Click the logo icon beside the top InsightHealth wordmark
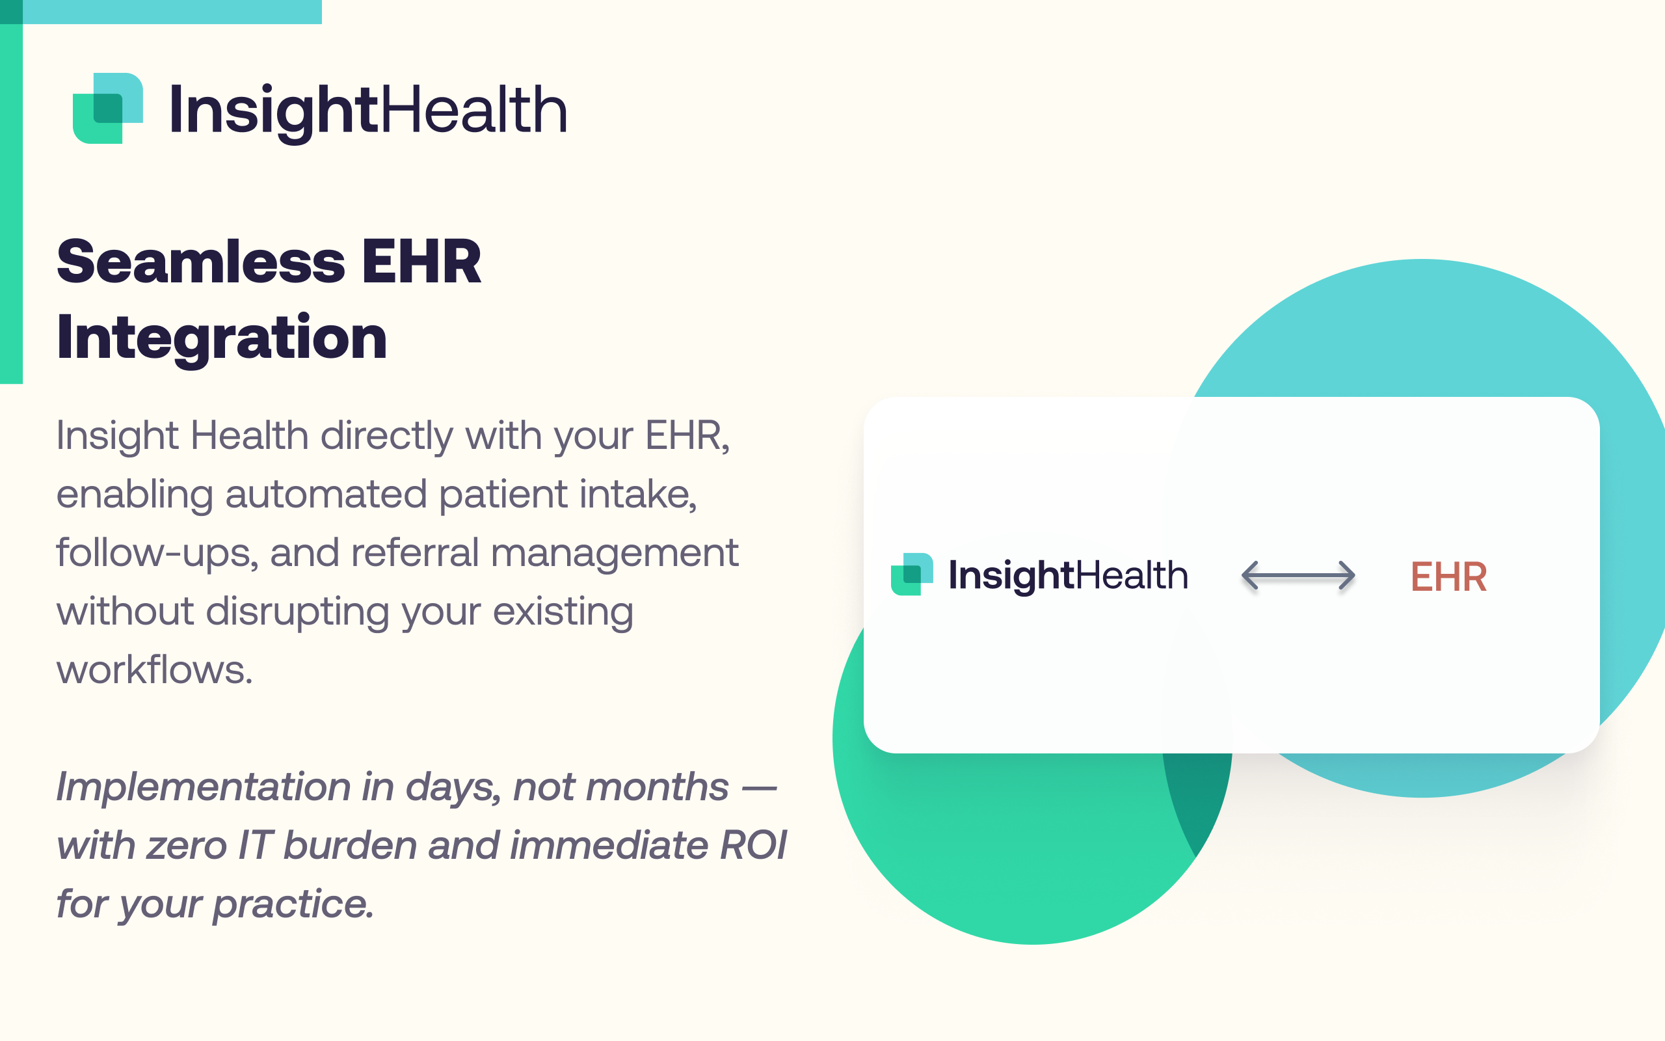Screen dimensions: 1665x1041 point(108,108)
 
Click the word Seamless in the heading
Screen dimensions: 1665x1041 point(201,262)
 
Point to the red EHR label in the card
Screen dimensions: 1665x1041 point(1448,576)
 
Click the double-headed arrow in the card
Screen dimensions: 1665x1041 point(1298,576)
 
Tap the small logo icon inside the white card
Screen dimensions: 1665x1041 point(912,575)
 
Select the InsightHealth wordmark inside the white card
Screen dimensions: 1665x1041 point(1068,576)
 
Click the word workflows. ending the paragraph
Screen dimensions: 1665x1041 point(155,670)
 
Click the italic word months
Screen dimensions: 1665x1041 point(657,787)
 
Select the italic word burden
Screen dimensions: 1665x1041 point(350,845)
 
